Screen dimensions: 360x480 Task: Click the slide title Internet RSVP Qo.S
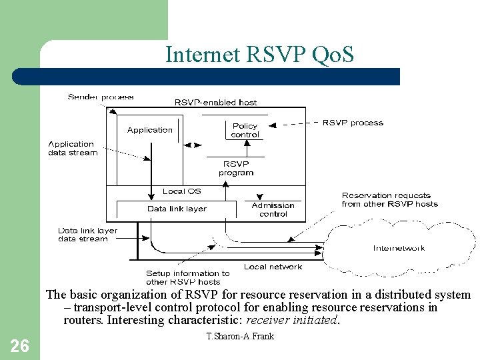pyautogui.click(x=259, y=54)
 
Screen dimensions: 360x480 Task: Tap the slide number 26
pyautogui.click(x=20, y=345)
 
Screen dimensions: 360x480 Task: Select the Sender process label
pyautogui.click(x=101, y=97)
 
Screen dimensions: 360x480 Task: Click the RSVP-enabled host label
pyautogui.click(x=215, y=102)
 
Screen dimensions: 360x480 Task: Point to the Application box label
pyautogui.click(x=150, y=130)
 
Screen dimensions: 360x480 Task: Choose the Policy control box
pyautogui.click(x=245, y=130)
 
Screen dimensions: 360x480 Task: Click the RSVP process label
pyautogui.click(x=353, y=123)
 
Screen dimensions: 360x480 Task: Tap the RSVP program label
pyautogui.click(x=236, y=168)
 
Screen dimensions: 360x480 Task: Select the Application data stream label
pyautogui.click(x=72, y=148)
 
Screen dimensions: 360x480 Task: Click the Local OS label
pyautogui.click(x=181, y=191)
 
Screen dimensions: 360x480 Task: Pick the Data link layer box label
pyautogui.click(x=177, y=209)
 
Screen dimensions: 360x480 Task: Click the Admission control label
pyautogui.click(x=273, y=210)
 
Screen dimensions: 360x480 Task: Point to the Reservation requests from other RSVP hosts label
pyautogui.click(x=389, y=199)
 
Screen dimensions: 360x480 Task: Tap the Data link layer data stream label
pyautogui.click(x=87, y=235)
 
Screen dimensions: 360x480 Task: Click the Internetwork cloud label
pyautogui.click(x=399, y=249)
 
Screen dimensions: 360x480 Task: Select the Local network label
pyautogui.click(x=273, y=267)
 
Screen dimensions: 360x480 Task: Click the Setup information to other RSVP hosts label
pyautogui.click(x=187, y=277)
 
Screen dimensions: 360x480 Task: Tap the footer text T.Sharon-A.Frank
pyautogui.click(x=240, y=336)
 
